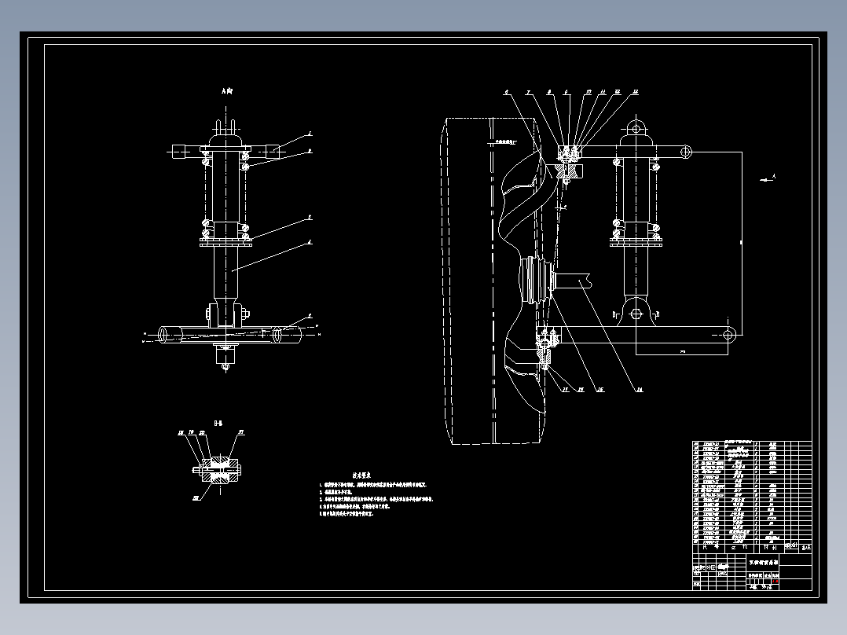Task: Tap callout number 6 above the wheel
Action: pos(507,93)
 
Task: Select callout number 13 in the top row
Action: pos(635,93)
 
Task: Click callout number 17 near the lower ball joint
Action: pos(563,388)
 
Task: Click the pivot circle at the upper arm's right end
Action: pos(686,150)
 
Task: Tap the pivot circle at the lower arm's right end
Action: pos(728,336)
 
